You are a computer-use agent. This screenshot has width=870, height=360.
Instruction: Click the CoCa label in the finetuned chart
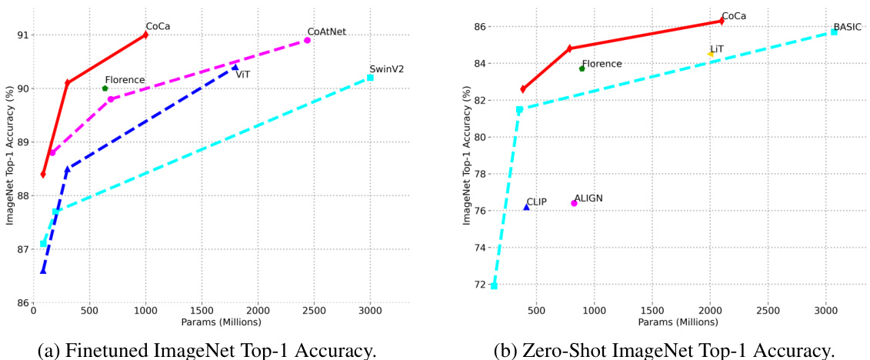pyautogui.click(x=158, y=26)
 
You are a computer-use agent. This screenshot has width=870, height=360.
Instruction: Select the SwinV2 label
pyautogui.click(x=386, y=68)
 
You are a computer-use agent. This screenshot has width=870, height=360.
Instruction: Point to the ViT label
pyautogui.click(x=242, y=75)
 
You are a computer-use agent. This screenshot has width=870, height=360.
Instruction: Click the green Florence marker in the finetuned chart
pyautogui.click(x=105, y=88)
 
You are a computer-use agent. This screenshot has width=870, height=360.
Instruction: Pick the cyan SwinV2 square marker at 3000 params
pyautogui.click(x=370, y=78)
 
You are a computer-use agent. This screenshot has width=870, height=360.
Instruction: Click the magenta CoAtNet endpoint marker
pyautogui.click(x=308, y=40)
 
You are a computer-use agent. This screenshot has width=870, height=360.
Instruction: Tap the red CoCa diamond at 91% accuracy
pyautogui.click(x=145, y=35)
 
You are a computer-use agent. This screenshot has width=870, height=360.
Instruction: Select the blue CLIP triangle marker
pyautogui.click(x=526, y=207)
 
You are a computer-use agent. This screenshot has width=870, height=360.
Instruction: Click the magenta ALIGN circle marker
pyautogui.click(x=574, y=203)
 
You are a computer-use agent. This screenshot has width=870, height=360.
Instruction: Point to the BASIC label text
pyautogui.click(x=846, y=26)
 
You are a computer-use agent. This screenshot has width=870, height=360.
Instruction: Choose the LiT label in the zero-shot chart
pyautogui.click(x=717, y=48)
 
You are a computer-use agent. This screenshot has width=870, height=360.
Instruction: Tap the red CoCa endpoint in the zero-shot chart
pyautogui.click(x=722, y=21)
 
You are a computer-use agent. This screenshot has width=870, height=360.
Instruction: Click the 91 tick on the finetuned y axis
pyautogui.click(x=23, y=35)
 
